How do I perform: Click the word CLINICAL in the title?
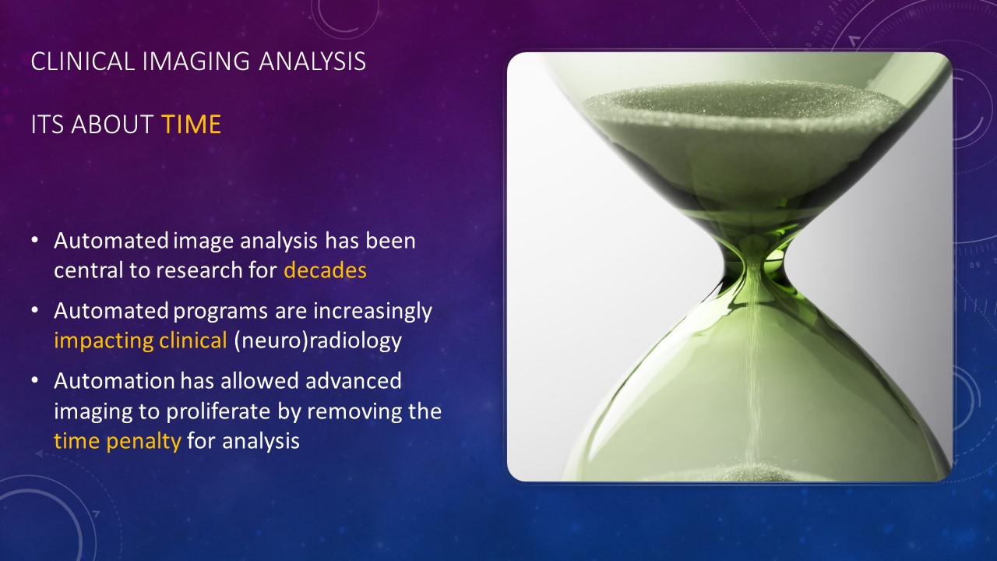click(x=83, y=62)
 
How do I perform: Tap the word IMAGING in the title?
click(x=196, y=62)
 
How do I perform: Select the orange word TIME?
click(x=192, y=124)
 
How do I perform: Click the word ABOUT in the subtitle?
click(x=113, y=124)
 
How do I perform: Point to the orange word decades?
click(x=325, y=270)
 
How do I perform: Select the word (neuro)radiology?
click(x=317, y=341)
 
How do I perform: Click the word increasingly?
click(x=372, y=311)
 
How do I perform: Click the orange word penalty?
click(x=144, y=442)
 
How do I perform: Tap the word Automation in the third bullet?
click(x=114, y=381)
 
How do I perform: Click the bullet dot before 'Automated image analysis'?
click(x=35, y=240)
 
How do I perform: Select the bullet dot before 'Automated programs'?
click(x=35, y=310)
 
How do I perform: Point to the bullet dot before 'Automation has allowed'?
click(x=35, y=380)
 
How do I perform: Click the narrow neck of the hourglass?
click(x=753, y=263)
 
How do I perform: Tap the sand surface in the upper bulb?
click(x=743, y=107)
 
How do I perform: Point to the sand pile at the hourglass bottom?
click(x=752, y=472)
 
